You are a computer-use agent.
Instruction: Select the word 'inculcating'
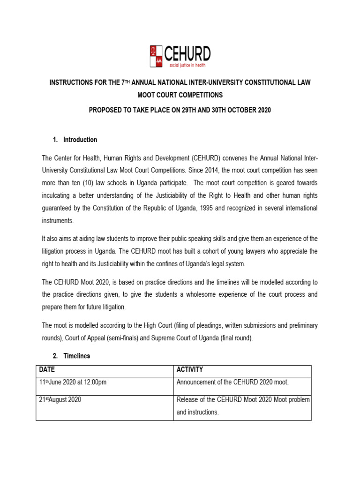click(57, 195)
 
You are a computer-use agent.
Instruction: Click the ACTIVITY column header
click(190, 370)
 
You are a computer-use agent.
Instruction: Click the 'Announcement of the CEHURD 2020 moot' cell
click(232, 382)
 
